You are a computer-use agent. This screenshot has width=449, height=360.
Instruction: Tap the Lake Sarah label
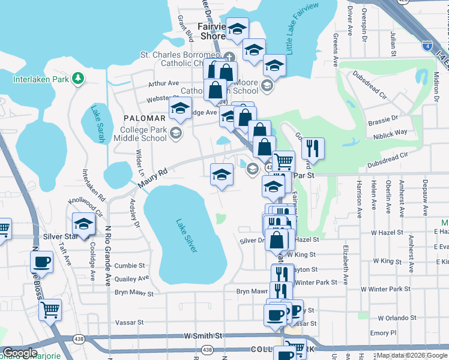(x=97, y=124)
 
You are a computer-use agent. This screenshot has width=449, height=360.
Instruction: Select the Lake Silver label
(x=186, y=235)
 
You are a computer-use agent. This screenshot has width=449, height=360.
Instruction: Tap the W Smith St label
(x=203, y=336)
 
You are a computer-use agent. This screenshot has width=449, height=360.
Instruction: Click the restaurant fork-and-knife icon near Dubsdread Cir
(x=312, y=147)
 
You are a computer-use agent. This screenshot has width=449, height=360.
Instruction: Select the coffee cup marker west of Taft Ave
(x=42, y=262)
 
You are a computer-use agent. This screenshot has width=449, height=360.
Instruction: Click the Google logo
(x=20, y=353)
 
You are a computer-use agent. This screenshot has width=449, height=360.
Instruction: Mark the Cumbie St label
(x=130, y=265)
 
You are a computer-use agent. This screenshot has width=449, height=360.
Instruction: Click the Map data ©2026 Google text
(x=412, y=355)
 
